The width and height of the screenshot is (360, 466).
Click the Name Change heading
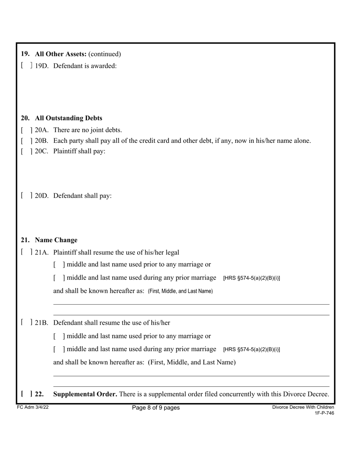[56, 240]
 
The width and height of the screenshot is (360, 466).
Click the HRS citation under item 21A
[252, 278]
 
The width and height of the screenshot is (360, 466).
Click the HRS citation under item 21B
[252, 349]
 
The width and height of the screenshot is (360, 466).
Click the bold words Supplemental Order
[85, 394]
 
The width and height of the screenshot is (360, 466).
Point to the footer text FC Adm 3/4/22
[33, 407]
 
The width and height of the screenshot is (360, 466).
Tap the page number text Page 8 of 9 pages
[156, 408]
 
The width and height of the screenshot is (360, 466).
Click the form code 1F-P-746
[324, 413]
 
